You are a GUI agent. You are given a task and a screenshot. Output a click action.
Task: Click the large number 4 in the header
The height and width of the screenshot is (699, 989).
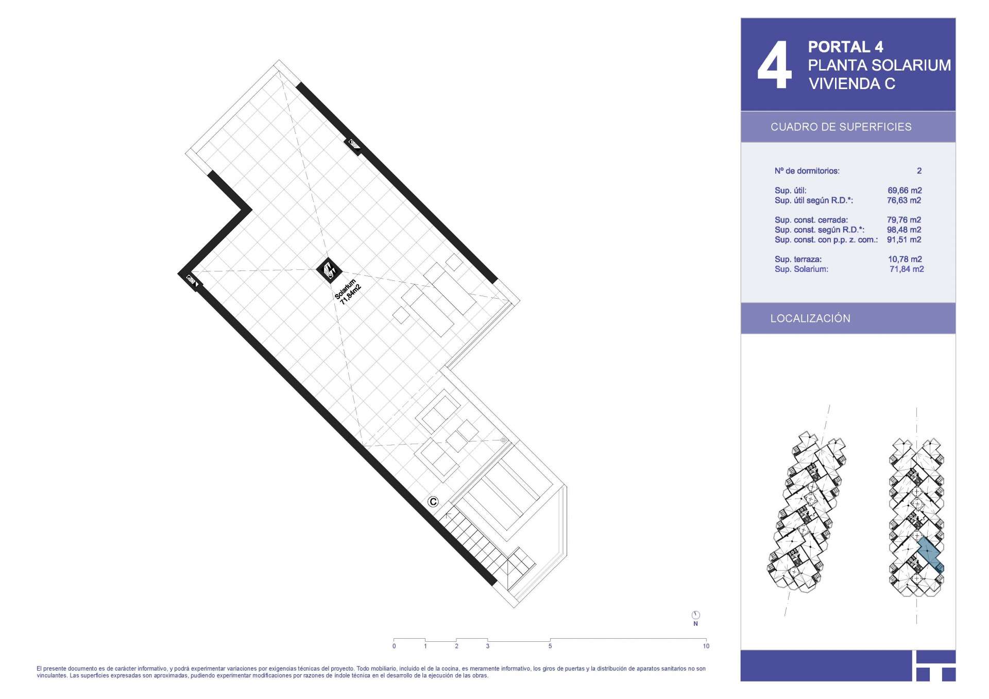tap(774, 65)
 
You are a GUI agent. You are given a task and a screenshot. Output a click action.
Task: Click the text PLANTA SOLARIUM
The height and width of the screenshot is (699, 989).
tap(879, 65)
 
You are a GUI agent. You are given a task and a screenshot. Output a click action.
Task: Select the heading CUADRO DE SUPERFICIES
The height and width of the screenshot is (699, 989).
tap(841, 127)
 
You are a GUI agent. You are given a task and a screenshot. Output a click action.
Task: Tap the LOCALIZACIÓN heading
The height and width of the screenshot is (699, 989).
tap(810, 318)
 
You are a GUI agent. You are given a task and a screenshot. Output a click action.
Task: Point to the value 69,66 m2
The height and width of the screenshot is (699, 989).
tap(905, 191)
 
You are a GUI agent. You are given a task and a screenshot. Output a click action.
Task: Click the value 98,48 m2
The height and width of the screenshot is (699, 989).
tap(904, 230)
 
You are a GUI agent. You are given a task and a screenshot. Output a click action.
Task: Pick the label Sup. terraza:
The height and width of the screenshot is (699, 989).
tap(798, 260)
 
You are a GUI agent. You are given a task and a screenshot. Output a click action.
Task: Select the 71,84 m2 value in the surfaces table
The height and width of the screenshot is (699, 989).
tap(907, 269)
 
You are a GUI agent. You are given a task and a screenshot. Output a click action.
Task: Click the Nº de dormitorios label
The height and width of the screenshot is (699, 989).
tap(807, 171)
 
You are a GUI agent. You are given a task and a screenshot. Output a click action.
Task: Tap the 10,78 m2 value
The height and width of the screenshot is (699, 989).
tap(905, 260)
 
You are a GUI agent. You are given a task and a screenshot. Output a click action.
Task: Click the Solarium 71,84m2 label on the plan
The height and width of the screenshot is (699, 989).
tap(348, 292)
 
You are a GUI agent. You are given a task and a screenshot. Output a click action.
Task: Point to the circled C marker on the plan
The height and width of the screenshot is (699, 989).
tap(433, 502)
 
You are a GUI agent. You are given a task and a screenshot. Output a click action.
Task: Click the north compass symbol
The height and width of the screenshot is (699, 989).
tap(695, 615)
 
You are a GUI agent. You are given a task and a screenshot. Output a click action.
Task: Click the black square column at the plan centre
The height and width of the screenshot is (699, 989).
tap(328, 270)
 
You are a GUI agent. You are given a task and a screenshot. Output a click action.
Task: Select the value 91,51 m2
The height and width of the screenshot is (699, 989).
tap(904, 240)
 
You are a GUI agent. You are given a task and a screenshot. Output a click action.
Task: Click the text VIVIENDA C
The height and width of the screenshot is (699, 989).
tap(852, 83)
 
